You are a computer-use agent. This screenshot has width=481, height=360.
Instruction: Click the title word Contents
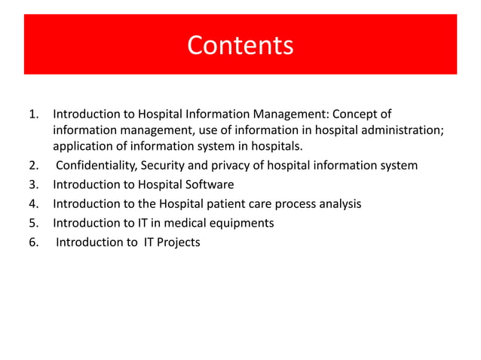(x=240, y=45)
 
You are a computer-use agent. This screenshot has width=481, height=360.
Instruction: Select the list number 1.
(x=33, y=114)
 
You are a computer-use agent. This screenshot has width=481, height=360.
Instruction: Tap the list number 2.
(x=33, y=166)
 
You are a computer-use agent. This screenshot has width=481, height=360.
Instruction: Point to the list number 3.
(x=33, y=185)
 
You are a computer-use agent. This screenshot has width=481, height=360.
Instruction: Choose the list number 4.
(x=33, y=204)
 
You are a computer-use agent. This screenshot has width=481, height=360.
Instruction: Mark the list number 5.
(x=33, y=224)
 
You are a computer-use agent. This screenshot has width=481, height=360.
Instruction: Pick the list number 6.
(x=33, y=243)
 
